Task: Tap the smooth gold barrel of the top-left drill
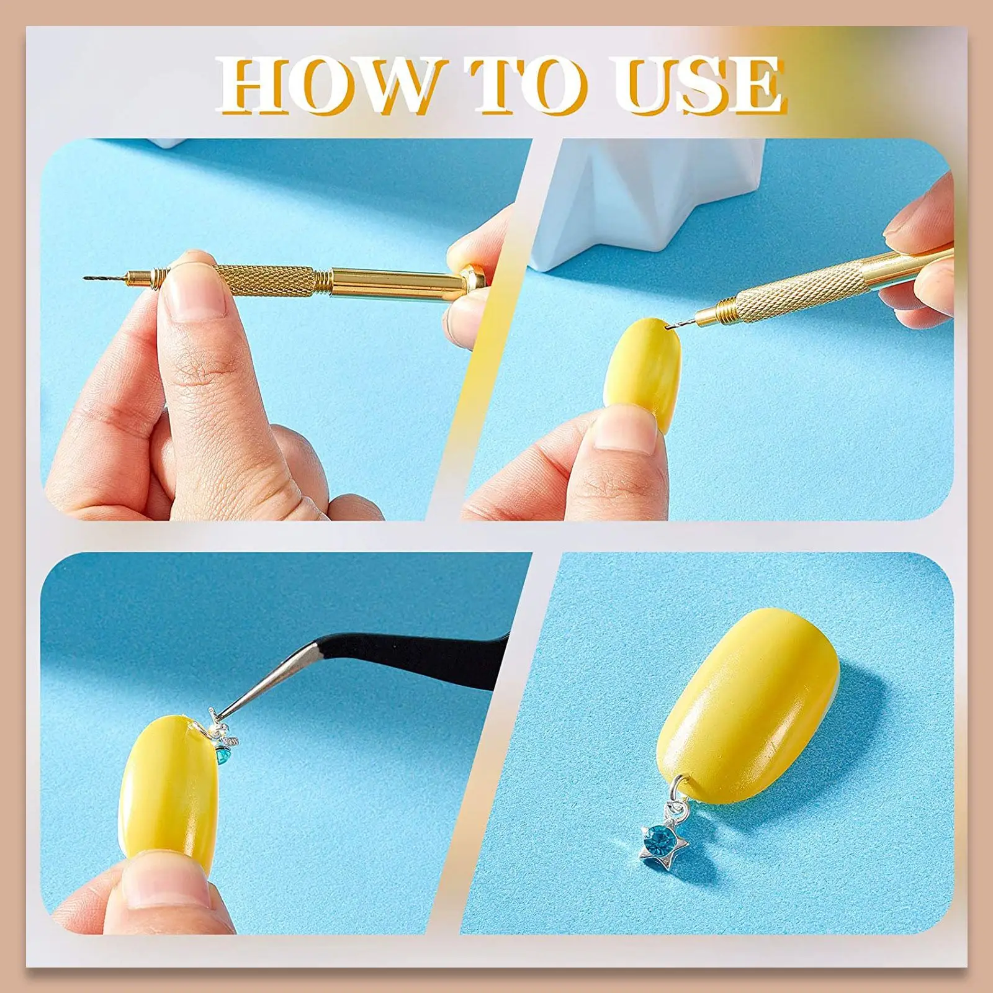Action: click(x=397, y=282)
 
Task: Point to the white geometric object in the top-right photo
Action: click(x=652, y=199)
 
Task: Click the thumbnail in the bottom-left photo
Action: click(x=158, y=887)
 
